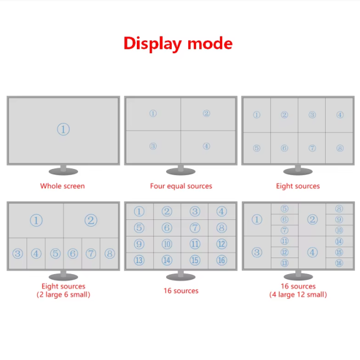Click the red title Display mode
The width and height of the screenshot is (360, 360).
(178, 43)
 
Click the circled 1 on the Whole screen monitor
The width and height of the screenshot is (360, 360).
(63, 130)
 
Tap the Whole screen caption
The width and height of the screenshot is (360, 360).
(63, 186)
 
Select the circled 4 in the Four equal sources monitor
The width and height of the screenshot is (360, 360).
(206, 146)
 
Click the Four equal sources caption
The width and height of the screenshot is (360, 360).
(181, 186)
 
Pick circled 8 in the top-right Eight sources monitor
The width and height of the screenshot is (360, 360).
(340, 148)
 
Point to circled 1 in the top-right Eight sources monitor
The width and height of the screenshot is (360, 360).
(256, 115)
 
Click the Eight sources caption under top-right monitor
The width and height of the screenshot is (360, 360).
(298, 186)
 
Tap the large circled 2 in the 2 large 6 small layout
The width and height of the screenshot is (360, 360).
(91, 220)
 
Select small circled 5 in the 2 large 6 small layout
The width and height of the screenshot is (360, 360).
(55, 254)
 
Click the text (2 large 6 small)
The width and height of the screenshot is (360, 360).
(63, 295)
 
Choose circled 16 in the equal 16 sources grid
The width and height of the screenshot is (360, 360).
(222, 260)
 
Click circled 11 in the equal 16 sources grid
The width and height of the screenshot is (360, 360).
(194, 244)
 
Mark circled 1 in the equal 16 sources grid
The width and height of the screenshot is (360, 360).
(139, 212)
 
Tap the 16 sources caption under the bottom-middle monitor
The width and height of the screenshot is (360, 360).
(181, 291)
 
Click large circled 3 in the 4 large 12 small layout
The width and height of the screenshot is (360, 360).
(256, 253)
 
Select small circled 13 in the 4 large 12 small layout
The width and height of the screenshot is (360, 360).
(284, 263)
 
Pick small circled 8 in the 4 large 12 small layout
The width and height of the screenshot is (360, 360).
(339, 209)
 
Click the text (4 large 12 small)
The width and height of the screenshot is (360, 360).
(298, 295)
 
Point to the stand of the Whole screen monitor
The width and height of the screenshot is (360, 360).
(63, 169)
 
